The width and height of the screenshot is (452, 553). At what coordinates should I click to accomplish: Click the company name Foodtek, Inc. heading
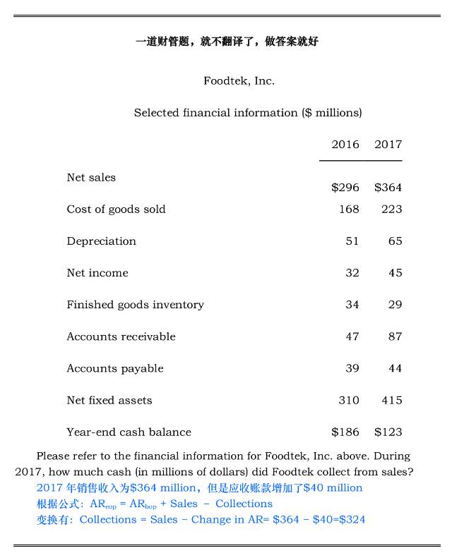click(239, 81)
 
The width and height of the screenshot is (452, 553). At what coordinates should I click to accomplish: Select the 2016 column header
click(345, 145)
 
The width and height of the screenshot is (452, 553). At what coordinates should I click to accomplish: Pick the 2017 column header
click(388, 145)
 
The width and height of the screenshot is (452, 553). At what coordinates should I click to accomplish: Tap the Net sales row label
click(91, 178)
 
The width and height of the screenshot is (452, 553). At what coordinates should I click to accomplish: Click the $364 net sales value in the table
click(388, 188)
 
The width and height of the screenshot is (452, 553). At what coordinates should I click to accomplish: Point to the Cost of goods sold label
click(116, 209)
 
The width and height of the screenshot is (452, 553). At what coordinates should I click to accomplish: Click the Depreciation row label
click(101, 241)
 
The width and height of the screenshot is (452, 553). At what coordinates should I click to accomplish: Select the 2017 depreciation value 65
click(395, 241)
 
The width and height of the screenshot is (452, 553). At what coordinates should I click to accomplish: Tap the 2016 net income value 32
click(352, 273)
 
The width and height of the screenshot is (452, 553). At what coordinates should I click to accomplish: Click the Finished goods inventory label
click(135, 305)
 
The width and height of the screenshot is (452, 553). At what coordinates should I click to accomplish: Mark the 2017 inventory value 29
click(395, 305)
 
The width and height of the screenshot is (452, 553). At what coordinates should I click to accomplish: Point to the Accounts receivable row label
click(121, 336)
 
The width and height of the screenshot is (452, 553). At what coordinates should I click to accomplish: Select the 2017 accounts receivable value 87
click(395, 336)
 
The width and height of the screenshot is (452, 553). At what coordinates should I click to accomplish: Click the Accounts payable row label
click(114, 368)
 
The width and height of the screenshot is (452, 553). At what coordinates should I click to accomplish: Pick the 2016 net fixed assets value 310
click(349, 400)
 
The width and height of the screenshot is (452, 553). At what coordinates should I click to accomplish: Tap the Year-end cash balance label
click(129, 432)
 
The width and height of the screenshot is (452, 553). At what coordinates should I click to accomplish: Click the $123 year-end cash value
click(388, 432)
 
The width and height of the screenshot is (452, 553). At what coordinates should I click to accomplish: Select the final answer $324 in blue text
click(351, 520)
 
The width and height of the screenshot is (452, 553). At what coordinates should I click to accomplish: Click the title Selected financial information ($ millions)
click(248, 113)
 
